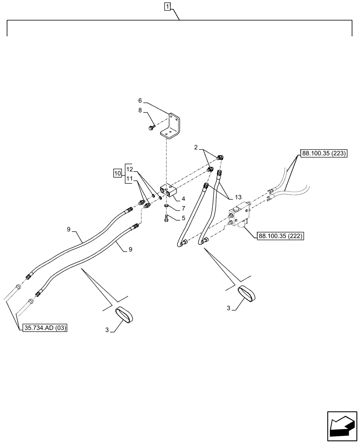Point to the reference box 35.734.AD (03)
coord(43,328)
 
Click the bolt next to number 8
coord(151,128)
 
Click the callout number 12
coord(129,168)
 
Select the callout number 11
coord(129,179)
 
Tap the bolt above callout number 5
coord(165,217)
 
